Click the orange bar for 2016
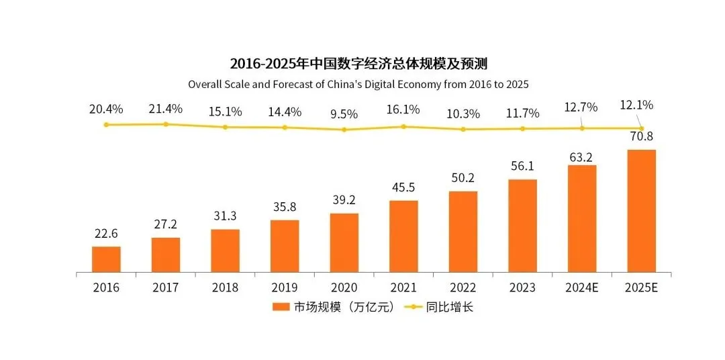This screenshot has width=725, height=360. [x=106, y=259]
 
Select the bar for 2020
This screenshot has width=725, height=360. [x=344, y=242]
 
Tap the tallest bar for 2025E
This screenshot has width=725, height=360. [x=641, y=211]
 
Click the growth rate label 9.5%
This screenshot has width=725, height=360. [x=344, y=114]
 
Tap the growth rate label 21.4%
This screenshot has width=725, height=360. [x=165, y=109]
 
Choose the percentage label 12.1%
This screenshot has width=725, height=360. [x=637, y=105]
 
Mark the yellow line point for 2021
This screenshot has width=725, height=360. [x=403, y=126]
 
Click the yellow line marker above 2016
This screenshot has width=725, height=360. [x=106, y=125]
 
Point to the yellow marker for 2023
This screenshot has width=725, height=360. [x=522, y=128]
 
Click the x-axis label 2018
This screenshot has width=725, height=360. [x=225, y=287]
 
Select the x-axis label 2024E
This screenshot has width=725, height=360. [x=581, y=287]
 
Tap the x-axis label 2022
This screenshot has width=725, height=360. [x=463, y=287]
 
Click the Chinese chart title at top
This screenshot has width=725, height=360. [x=358, y=64]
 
